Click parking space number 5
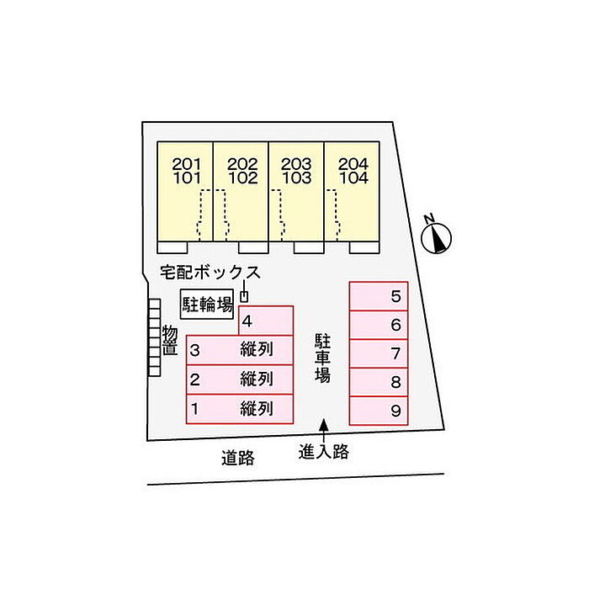(379, 296)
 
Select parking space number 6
(379, 325)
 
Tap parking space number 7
(379, 353)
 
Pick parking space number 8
(379, 382)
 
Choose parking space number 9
(379, 411)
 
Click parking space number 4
(267, 321)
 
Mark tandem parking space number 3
(240, 350)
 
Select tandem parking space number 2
(240, 379)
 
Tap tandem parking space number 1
(240, 408)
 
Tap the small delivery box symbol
(245, 295)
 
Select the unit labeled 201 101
(185, 194)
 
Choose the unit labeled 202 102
(241, 194)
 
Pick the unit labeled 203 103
(297, 194)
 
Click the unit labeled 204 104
(353, 194)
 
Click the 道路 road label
(238, 459)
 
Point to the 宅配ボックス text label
(210, 273)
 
